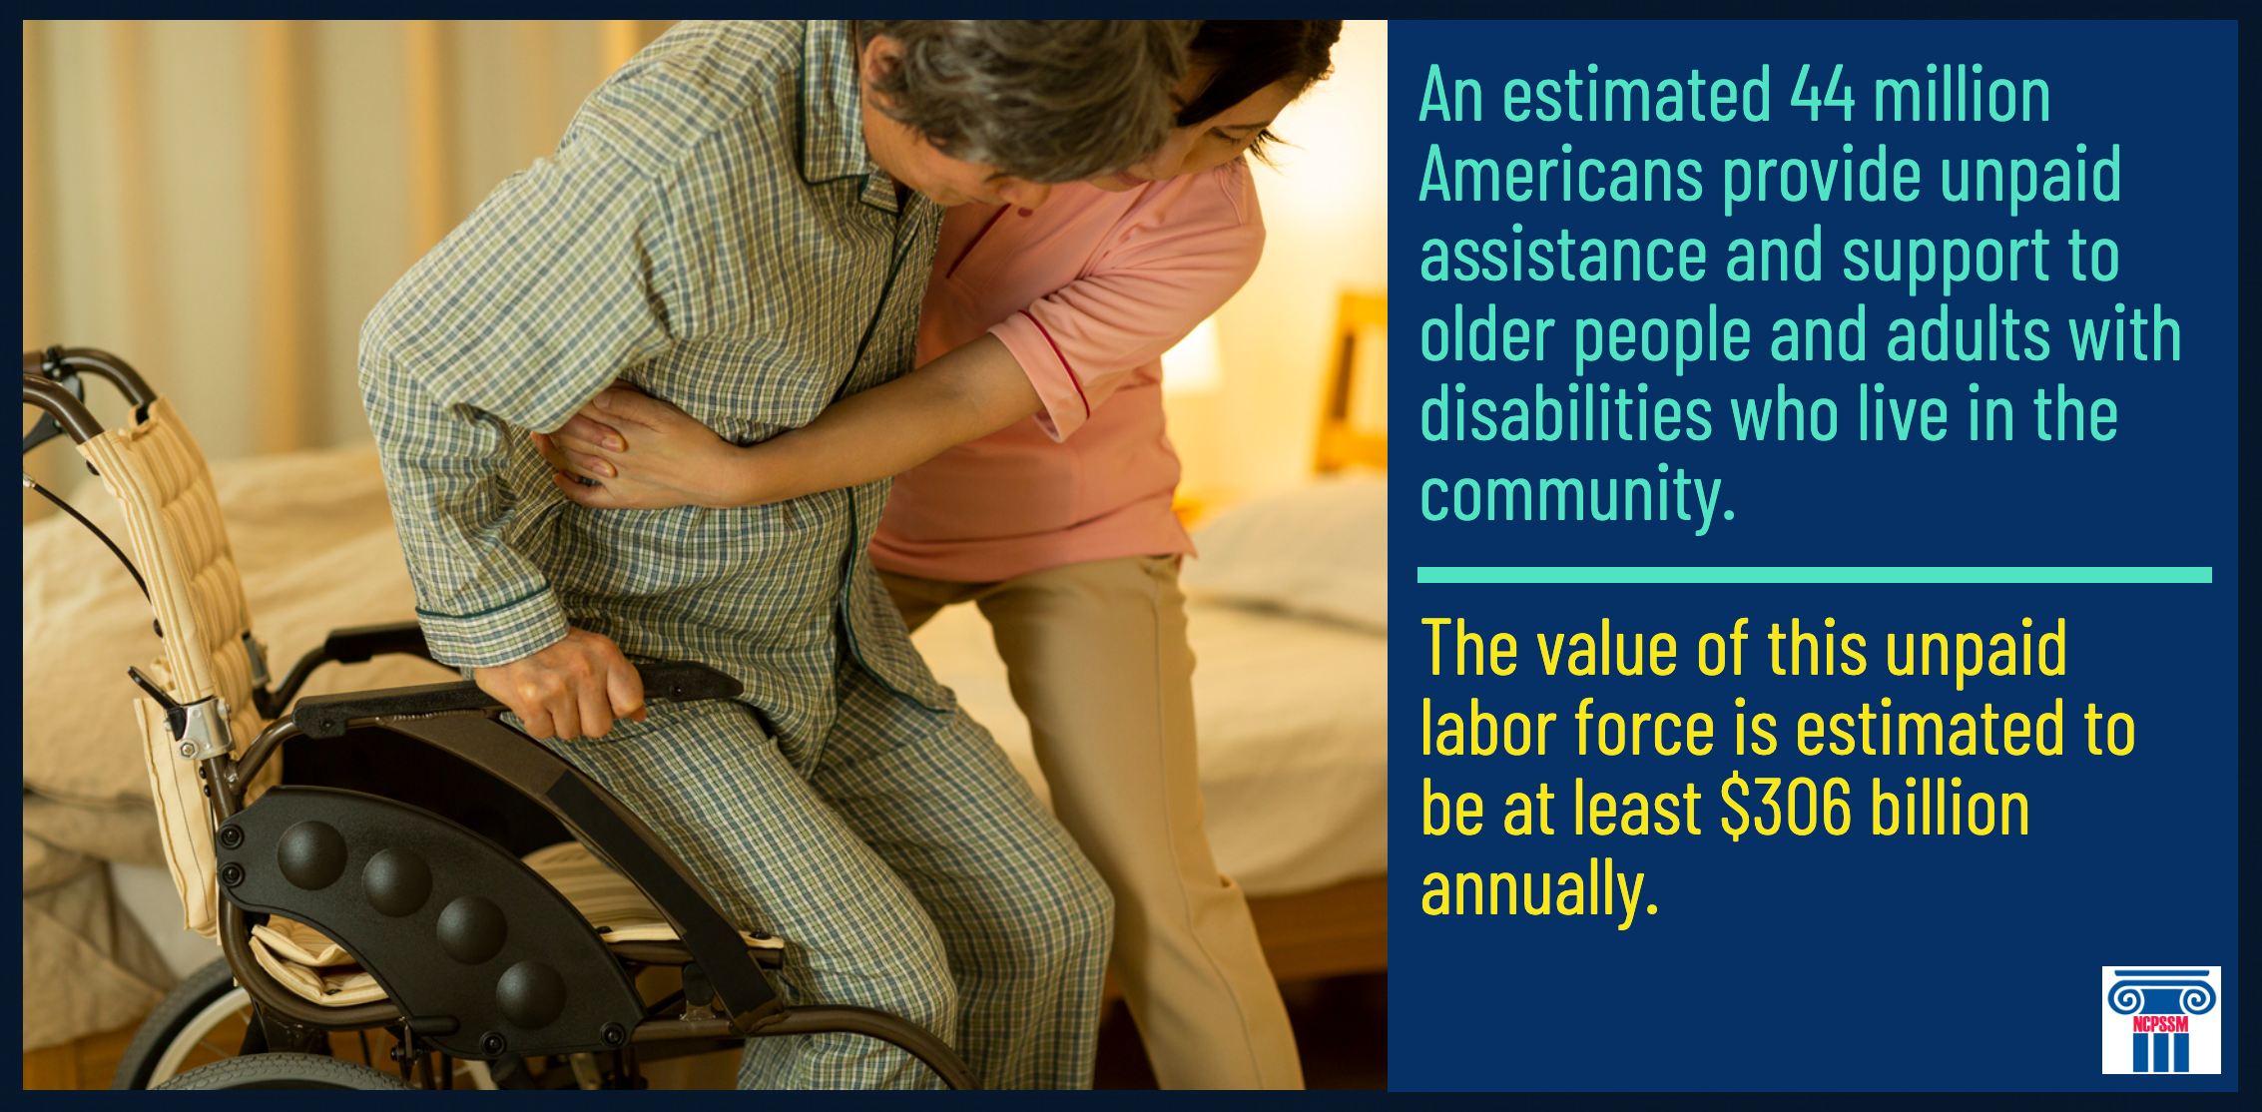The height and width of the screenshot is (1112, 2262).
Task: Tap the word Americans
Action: pyautogui.click(x=1561, y=175)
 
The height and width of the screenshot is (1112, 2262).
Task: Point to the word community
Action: pyautogui.click(x=1577, y=494)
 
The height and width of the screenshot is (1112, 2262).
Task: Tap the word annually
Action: pyautogui.click(x=1538, y=888)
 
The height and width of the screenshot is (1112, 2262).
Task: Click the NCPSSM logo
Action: pyautogui.click(x=2161, y=1019)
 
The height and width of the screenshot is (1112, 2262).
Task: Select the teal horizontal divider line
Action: pyautogui.click(x=1815, y=575)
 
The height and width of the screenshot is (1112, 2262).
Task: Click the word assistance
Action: pyautogui.click(x=1563, y=256)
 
